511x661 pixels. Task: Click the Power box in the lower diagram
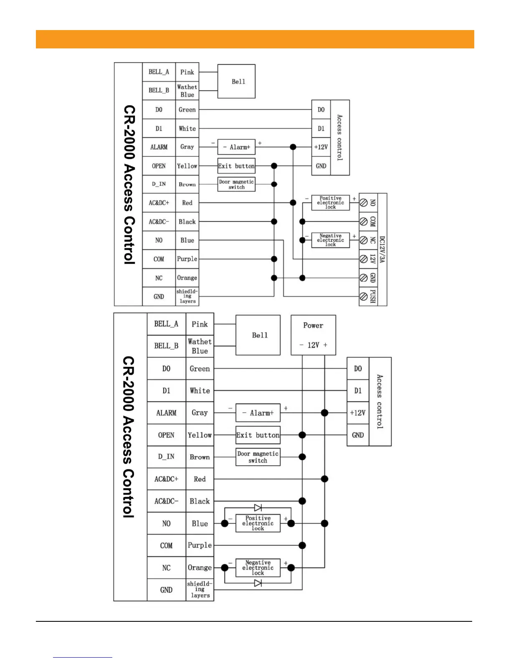[x=313, y=335]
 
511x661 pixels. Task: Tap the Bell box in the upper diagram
[x=236, y=81]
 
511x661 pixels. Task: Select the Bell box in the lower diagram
[x=258, y=335]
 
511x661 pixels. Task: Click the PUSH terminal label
[x=373, y=296]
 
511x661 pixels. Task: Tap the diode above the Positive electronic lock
[x=258, y=507]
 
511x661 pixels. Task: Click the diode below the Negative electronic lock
[x=258, y=583]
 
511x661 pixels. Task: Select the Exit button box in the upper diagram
[x=236, y=166]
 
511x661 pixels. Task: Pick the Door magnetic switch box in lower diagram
[x=258, y=457]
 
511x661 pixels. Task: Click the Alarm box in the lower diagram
[x=258, y=413]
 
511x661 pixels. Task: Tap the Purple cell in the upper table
[x=187, y=259]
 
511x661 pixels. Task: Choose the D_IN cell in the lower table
[x=166, y=457]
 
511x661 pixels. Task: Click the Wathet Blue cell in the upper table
[x=187, y=91]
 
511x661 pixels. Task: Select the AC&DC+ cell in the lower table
[x=166, y=479]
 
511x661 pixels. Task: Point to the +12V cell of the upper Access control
[x=321, y=147]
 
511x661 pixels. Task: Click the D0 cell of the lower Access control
[x=358, y=368]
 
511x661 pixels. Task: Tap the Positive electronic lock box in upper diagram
[x=331, y=203]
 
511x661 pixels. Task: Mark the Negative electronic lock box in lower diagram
[x=258, y=568]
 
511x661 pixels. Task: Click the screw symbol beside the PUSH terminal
[x=364, y=297]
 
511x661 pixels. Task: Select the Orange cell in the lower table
[x=200, y=568]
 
